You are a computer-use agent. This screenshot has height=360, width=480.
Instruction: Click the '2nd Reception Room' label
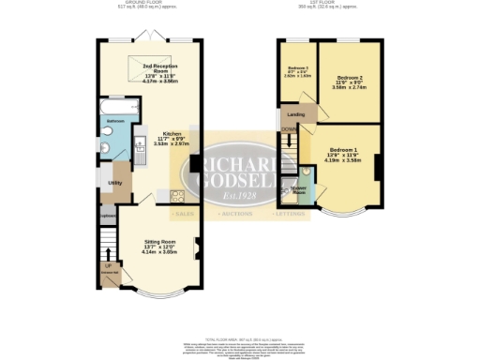160,67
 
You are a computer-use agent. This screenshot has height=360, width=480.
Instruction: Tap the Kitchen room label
172,133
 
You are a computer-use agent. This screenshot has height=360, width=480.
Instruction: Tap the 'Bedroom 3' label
298,68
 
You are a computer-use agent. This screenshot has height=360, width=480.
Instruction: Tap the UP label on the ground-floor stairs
106,265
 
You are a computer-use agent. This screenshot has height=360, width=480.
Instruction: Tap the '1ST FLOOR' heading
328,5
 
